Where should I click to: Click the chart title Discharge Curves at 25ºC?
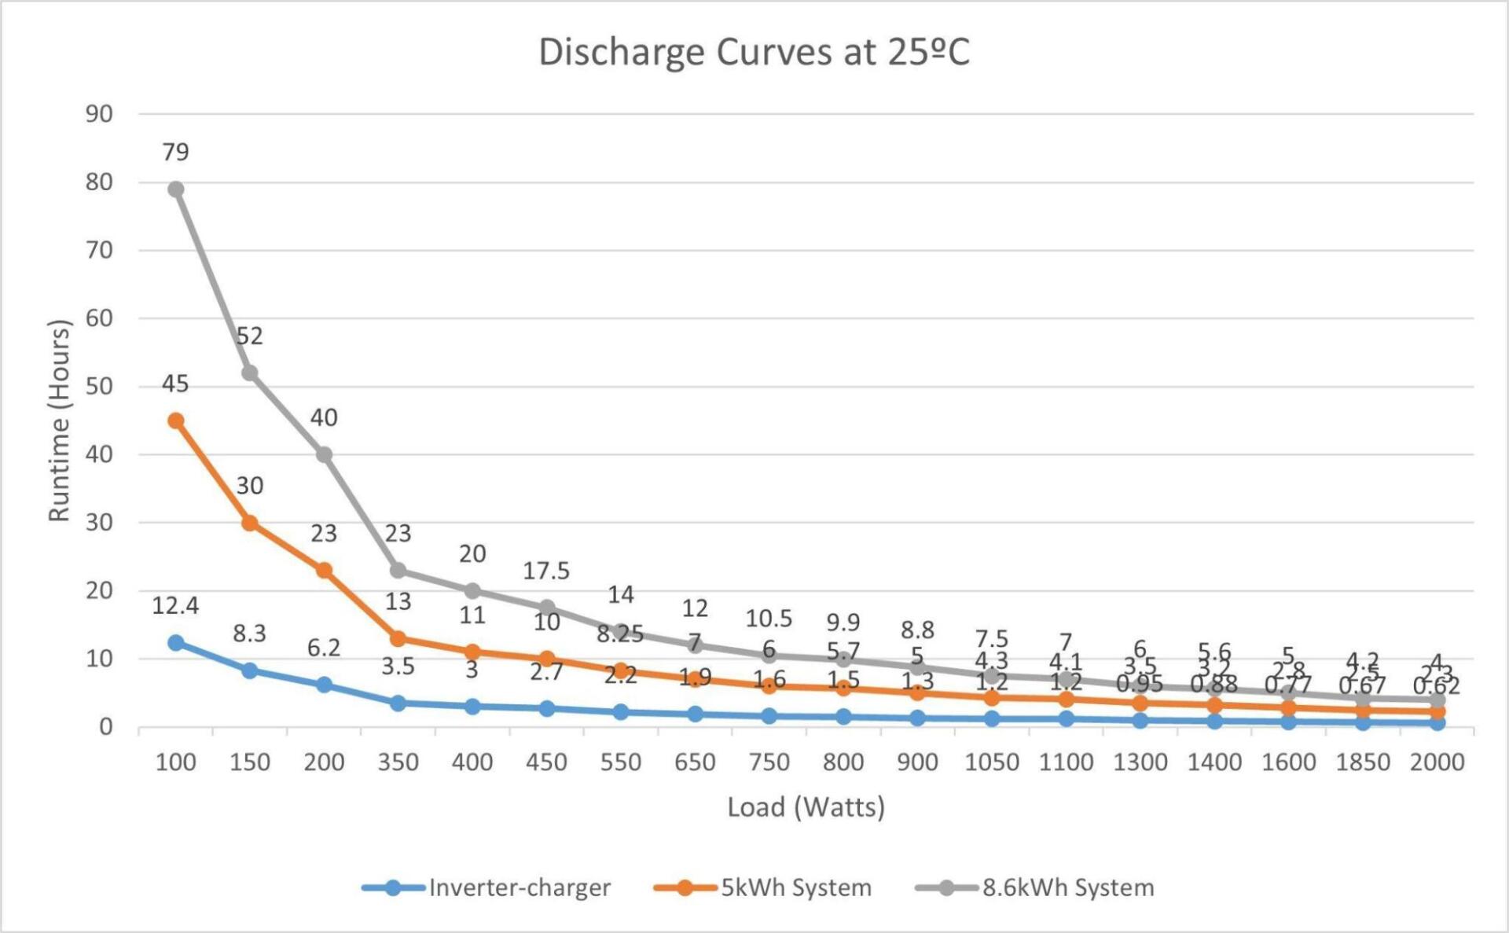754,53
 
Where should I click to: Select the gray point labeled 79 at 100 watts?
176,189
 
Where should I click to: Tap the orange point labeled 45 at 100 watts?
176,421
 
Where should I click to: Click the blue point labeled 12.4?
176,642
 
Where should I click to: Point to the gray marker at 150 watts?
250,373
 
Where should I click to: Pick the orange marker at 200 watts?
324,570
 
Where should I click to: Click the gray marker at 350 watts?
398,570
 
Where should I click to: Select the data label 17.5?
546,571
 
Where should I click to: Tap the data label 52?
250,336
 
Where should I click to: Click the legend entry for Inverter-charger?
519,887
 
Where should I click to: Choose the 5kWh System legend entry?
795,887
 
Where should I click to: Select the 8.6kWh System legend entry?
1067,887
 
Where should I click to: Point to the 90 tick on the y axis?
99,114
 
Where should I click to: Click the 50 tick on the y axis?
99,386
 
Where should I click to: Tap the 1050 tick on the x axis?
991,762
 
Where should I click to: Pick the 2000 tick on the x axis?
1437,762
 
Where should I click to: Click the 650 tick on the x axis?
695,762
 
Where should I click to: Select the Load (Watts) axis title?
806,807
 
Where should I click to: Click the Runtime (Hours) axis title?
60,420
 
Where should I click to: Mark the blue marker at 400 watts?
472,707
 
